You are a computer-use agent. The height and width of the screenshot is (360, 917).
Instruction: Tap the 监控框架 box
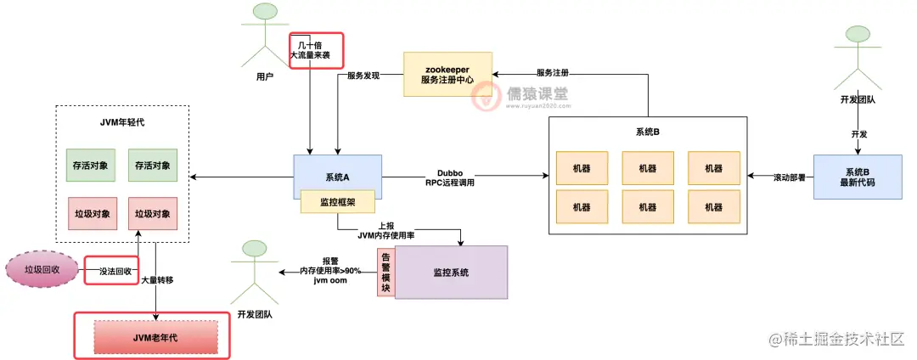(x=337, y=203)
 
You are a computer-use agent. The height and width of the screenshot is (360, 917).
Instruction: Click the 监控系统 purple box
(x=451, y=273)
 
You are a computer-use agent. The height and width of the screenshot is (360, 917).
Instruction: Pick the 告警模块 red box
(x=385, y=273)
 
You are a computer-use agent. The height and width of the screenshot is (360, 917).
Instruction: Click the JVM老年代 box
(x=155, y=337)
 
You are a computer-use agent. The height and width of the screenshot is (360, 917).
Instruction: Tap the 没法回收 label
(x=111, y=270)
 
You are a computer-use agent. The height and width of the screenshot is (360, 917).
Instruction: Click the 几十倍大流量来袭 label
(x=316, y=48)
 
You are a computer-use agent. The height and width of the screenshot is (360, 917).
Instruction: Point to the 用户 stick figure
(x=266, y=38)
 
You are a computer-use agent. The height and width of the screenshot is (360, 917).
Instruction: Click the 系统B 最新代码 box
(x=857, y=177)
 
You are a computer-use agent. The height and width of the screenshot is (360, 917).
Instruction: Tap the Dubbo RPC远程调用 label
(x=450, y=177)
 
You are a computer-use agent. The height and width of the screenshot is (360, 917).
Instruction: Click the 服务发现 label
(x=362, y=76)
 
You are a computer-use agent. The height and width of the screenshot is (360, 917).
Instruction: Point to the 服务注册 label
(x=552, y=73)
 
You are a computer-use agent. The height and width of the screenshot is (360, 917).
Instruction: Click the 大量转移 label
(x=158, y=279)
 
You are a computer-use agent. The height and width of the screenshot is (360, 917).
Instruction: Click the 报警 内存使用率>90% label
(x=330, y=270)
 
